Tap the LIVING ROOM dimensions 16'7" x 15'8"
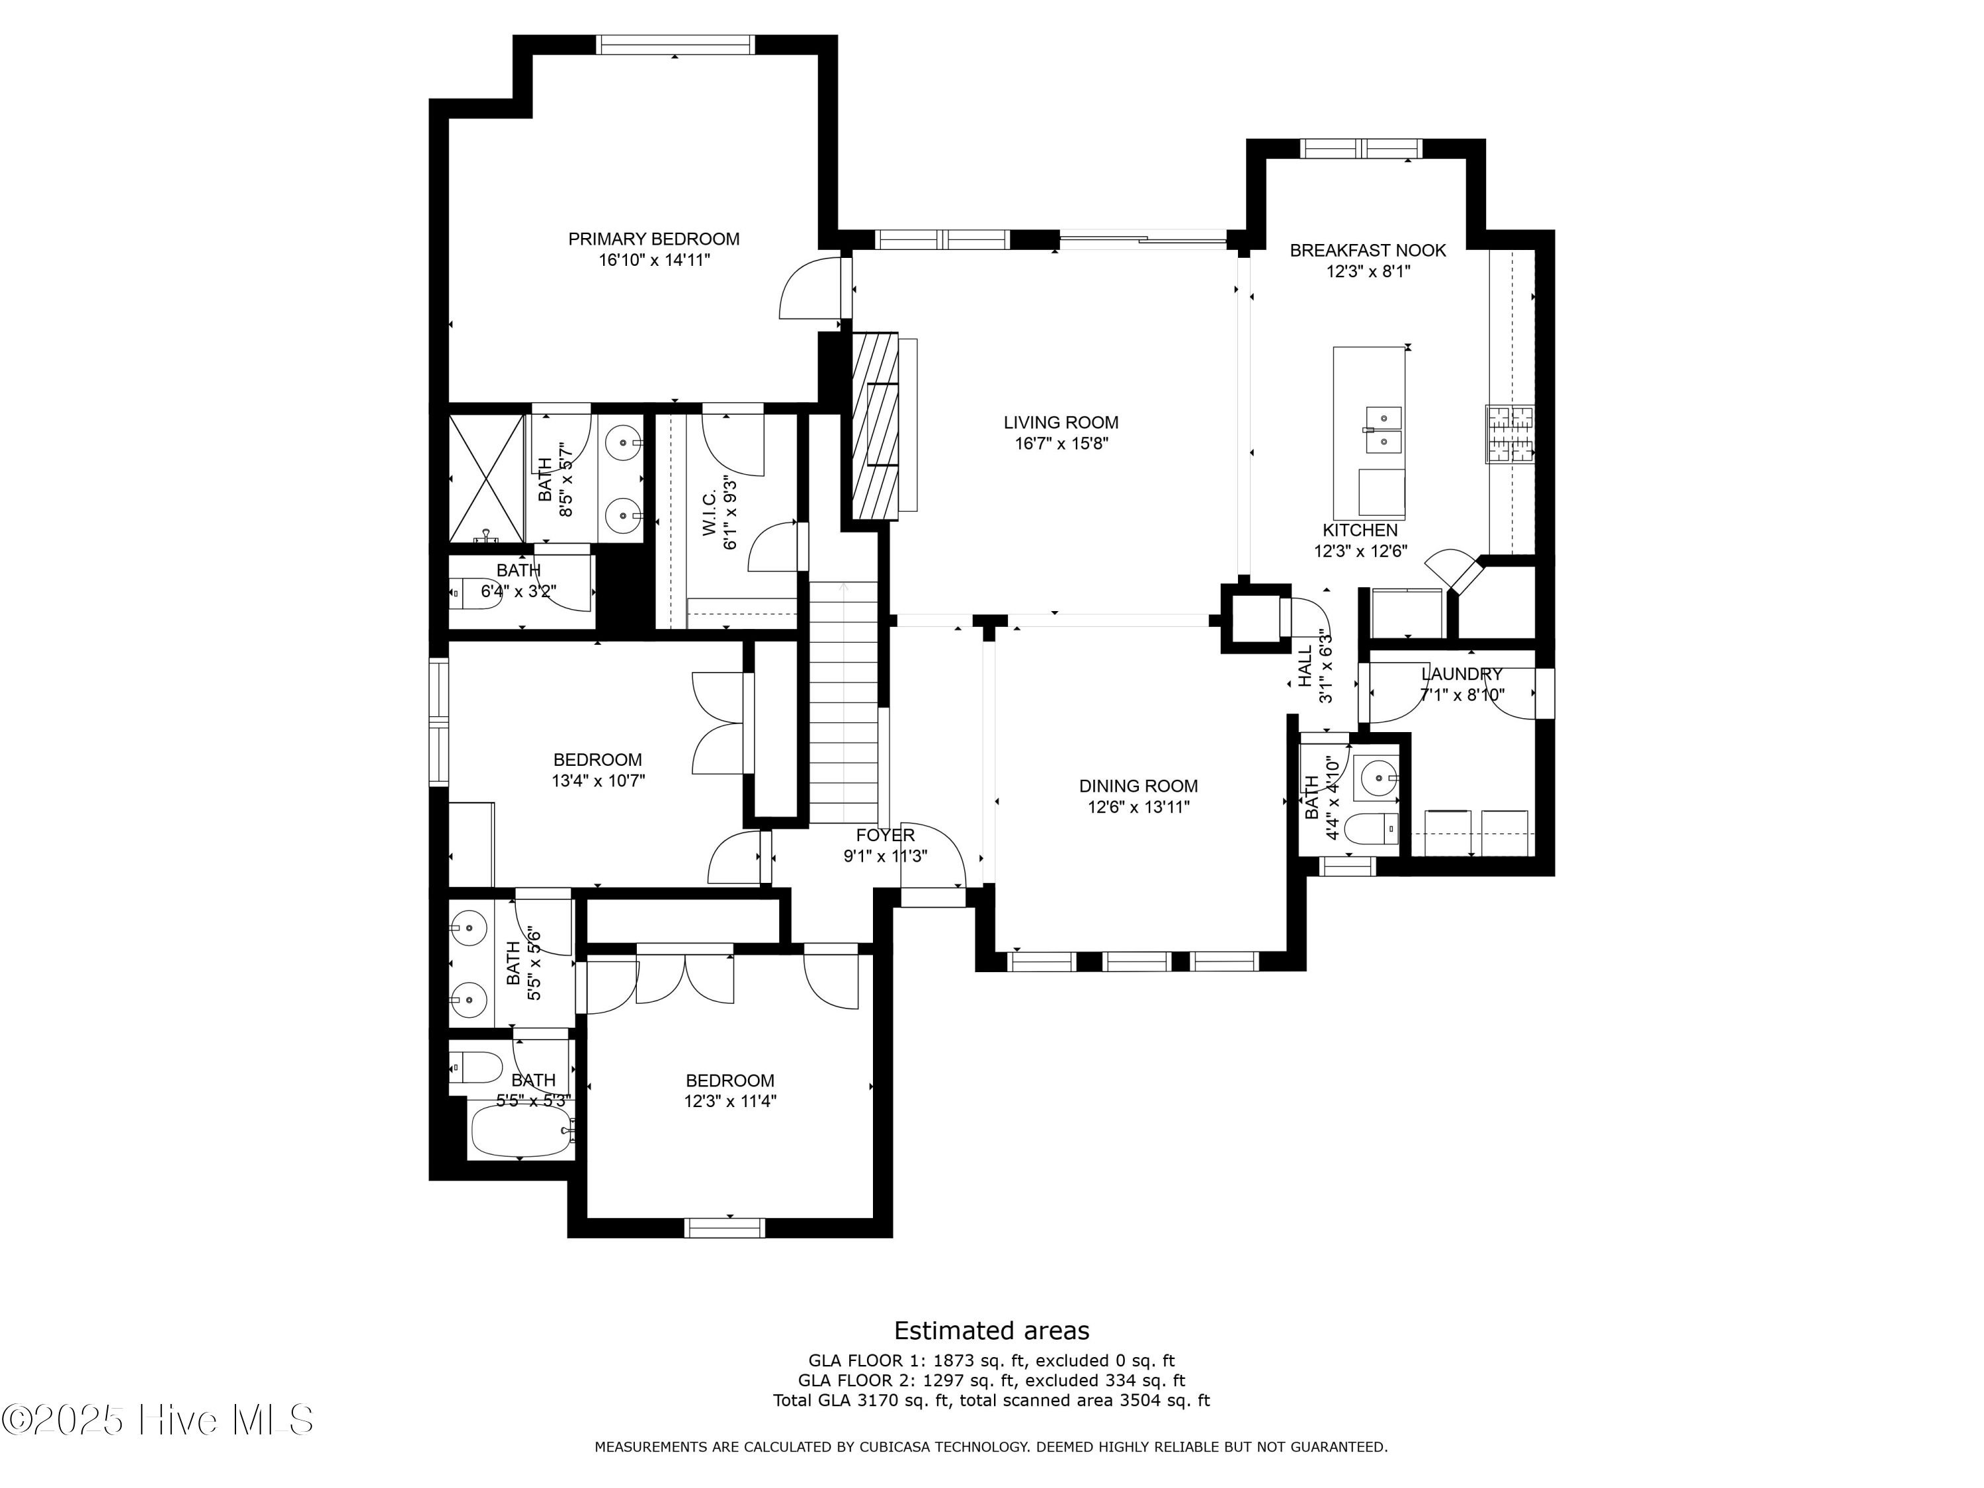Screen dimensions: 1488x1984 (1060, 443)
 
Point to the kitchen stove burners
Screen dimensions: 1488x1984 (1510, 434)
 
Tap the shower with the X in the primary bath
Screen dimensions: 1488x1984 (486, 478)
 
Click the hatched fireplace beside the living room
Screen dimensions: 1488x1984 (874, 425)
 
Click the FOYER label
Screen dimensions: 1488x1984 (884, 836)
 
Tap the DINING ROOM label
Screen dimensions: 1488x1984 (1137, 786)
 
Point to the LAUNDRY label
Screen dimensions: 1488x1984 (1461, 675)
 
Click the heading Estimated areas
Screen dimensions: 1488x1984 (991, 1330)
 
